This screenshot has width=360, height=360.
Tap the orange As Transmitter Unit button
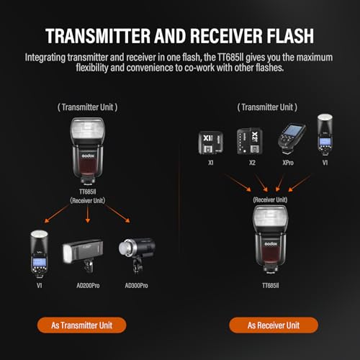(82, 325)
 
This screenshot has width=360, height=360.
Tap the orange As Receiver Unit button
(274, 325)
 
